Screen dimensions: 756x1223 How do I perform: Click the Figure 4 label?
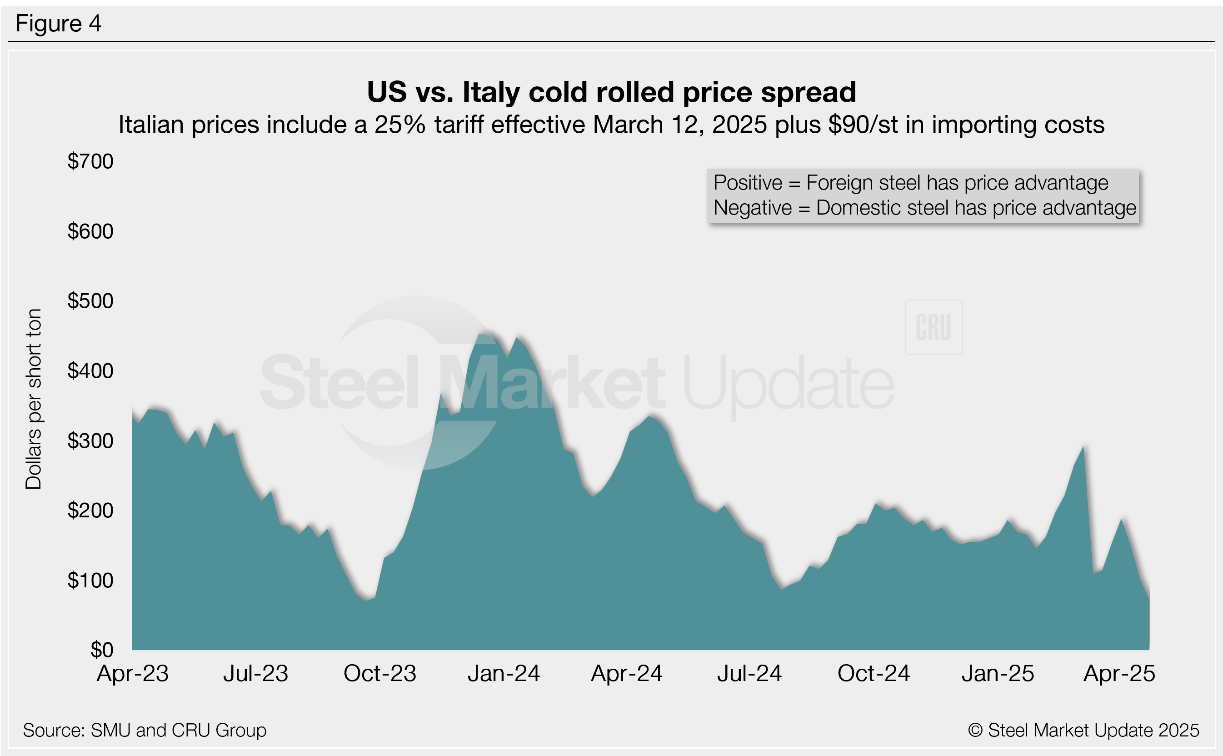58,24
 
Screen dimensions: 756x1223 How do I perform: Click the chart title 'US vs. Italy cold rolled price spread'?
611,92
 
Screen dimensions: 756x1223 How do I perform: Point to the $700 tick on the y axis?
90,161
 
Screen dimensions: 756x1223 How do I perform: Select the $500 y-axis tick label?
90,301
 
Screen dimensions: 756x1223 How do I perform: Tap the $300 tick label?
90,441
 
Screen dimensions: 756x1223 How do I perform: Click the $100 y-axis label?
90,581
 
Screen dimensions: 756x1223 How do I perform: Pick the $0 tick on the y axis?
102,650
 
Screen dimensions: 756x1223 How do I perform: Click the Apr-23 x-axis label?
132,674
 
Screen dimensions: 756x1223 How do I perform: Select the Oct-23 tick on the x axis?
380,674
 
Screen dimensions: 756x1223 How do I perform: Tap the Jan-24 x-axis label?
504,674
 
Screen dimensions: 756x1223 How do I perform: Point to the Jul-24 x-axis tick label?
749,674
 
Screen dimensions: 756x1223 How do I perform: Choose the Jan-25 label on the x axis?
998,674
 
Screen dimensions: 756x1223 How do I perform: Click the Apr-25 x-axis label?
1119,674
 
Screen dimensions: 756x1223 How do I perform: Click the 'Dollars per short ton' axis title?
34,399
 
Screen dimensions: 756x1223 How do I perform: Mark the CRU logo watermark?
933,327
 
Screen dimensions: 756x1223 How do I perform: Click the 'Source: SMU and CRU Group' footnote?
145,731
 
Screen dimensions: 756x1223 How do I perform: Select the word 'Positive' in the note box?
748,183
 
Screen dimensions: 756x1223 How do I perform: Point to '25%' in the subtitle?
400,125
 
